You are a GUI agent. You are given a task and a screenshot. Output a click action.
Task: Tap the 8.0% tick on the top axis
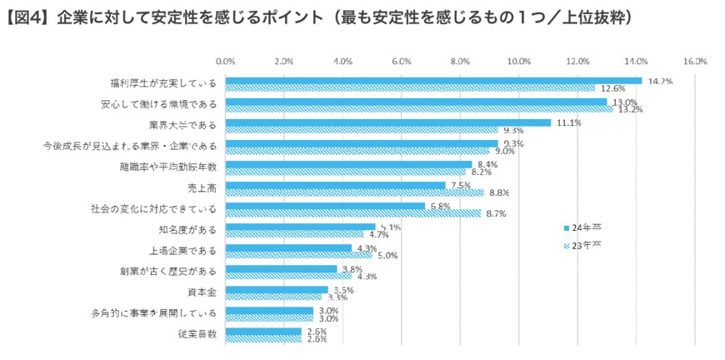click(x=460, y=61)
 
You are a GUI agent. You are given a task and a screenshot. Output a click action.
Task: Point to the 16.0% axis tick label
click(x=694, y=61)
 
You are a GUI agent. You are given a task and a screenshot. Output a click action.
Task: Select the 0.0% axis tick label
click(x=226, y=61)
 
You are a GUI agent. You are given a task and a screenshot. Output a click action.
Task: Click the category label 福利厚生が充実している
click(x=163, y=84)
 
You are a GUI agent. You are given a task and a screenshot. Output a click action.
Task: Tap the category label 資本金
click(x=201, y=292)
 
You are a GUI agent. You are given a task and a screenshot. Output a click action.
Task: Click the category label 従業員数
click(x=197, y=334)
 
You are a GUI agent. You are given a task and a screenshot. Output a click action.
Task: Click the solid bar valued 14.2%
click(x=433, y=81)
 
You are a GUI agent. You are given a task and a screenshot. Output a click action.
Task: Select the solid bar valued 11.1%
click(x=388, y=122)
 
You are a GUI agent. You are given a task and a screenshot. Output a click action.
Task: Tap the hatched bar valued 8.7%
click(x=353, y=213)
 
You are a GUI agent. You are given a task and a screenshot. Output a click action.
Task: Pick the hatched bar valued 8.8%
click(x=355, y=192)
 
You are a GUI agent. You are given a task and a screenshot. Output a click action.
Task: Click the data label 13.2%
click(x=630, y=109)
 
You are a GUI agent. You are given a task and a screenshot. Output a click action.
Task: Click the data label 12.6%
click(x=612, y=88)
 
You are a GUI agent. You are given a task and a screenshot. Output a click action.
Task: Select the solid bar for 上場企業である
click(x=288, y=247)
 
